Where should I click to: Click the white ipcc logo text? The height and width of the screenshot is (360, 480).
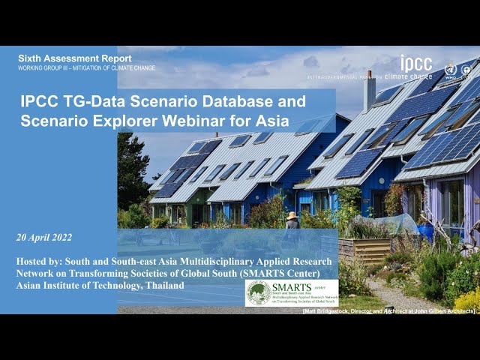coord(416,64)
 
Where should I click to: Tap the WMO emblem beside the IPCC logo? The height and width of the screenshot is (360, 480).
coord(450,70)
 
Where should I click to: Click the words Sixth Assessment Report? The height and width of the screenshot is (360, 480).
coord(74,58)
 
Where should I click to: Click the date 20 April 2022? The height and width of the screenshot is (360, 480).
coord(44,238)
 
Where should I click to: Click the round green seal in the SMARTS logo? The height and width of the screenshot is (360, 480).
coord(259,293)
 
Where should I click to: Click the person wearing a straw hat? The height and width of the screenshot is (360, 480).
coord(292,220)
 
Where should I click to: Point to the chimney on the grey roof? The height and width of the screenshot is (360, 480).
coord(369,91)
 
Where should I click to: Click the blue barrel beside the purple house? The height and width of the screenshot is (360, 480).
coord(426,232)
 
